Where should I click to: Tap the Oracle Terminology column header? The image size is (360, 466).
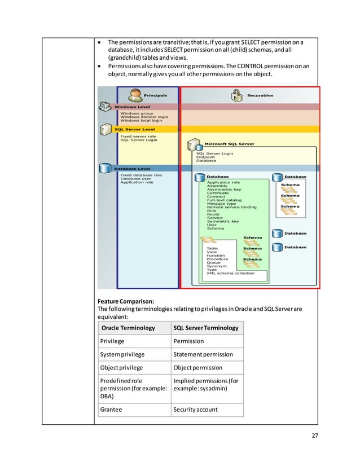point(129,328)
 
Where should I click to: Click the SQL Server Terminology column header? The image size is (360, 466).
point(206,328)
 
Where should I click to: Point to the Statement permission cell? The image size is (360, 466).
point(203,354)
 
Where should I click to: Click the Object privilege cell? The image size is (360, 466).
point(122,367)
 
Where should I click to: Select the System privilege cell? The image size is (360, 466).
point(122,354)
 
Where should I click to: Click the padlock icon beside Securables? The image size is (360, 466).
point(238,94)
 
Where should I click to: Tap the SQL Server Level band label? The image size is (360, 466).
point(135,129)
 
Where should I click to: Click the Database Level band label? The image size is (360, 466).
point(133,168)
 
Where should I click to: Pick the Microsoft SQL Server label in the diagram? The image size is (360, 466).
point(229,144)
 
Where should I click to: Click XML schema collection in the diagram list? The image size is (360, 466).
point(230,273)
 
